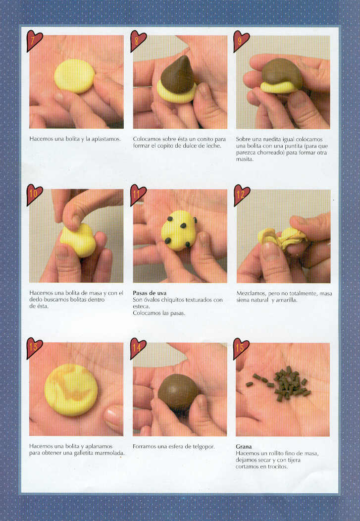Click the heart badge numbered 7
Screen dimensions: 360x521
tap(34, 40)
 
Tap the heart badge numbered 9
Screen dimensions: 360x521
tap(241, 41)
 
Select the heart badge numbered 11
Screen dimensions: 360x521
tap(138, 194)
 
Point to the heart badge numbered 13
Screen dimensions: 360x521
tap(34, 348)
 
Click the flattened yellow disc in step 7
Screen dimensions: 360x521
tap(75, 76)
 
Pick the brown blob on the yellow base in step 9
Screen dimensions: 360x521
tap(282, 74)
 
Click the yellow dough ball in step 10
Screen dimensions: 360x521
tap(78, 240)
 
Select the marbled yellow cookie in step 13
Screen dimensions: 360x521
tap(71, 390)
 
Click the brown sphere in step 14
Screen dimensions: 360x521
tap(178, 392)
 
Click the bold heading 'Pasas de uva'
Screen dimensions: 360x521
tap(150, 293)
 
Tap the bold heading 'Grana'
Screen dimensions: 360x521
tap(244, 447)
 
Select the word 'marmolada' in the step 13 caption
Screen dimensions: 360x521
tap(111, 453)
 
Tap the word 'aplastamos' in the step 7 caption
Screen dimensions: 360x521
tap(106, 139)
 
